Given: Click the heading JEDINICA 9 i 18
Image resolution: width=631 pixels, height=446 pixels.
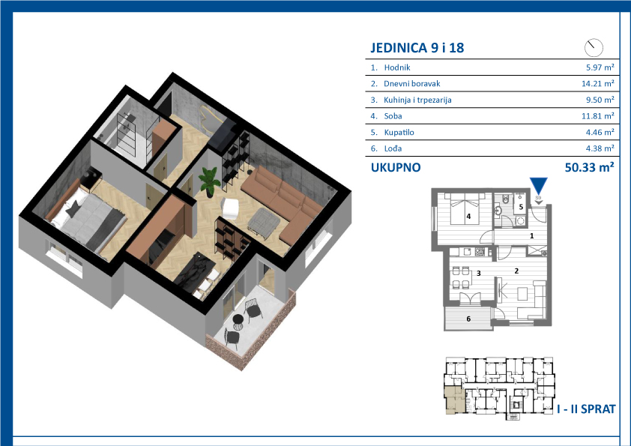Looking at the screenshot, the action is coord(417,47).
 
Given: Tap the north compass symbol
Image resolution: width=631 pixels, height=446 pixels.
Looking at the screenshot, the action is coord(594,47).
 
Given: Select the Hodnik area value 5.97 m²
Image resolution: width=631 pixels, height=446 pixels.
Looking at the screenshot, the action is coord(600,67).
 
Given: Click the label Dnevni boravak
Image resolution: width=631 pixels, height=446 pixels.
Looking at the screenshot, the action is coord(411,84).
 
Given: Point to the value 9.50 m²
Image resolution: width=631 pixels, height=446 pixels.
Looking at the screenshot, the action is coord(600,100).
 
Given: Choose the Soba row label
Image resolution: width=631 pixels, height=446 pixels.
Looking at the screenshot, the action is coord(393,116).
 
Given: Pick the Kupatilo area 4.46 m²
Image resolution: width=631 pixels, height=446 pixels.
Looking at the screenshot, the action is coord(600,132).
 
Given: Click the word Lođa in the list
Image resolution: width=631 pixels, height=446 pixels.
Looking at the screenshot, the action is coord(393,148).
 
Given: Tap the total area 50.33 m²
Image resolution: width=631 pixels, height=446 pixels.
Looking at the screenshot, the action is coord(590,167).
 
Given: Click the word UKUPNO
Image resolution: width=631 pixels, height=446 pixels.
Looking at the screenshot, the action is coord(396,167).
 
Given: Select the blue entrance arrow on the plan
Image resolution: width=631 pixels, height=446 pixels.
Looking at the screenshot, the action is coord(538,186).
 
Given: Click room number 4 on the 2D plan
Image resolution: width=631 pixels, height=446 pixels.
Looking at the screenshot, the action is coord(468,216).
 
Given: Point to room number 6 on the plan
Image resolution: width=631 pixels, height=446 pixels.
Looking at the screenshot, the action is coord(468,319).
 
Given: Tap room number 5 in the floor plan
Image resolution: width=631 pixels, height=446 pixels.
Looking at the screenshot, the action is coord(521,207).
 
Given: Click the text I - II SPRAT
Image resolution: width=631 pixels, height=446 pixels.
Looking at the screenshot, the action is coord(586,409).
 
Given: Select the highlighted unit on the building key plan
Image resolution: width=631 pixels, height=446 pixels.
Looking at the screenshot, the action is coord(455,399).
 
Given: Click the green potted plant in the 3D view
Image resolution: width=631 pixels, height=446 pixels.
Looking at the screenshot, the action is coord(210,181).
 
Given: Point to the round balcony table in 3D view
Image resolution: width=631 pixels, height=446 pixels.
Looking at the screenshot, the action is coord(238,321).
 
